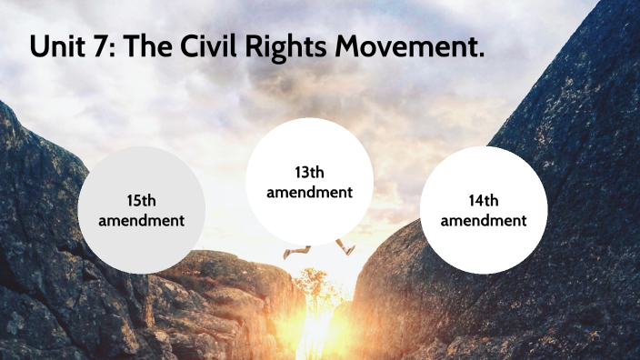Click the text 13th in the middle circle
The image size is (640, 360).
(309, 173)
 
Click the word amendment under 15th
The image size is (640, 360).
(141, 221)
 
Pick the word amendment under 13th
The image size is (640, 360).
(309, 192)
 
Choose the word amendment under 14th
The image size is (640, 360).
(483, 221)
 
